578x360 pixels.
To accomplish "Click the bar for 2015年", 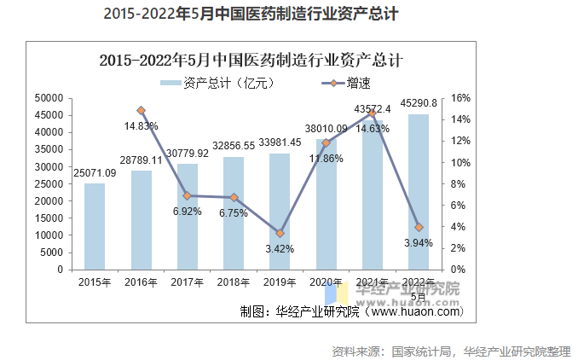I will (95, 226).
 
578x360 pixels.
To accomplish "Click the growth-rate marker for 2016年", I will (142, 110).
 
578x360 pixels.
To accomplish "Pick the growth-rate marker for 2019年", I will (280, 233).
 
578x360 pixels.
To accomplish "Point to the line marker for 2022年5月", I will (418, 227).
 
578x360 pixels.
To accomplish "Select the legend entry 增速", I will (345, 83).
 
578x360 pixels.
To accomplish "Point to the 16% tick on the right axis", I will (460, 99).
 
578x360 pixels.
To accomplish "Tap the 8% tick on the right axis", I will (458, 184).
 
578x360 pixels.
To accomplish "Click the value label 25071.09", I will (95, 173).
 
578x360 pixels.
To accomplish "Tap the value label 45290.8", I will (419, 103).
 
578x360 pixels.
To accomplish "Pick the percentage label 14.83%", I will (142, 126).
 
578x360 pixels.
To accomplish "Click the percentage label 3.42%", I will (280, 249).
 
